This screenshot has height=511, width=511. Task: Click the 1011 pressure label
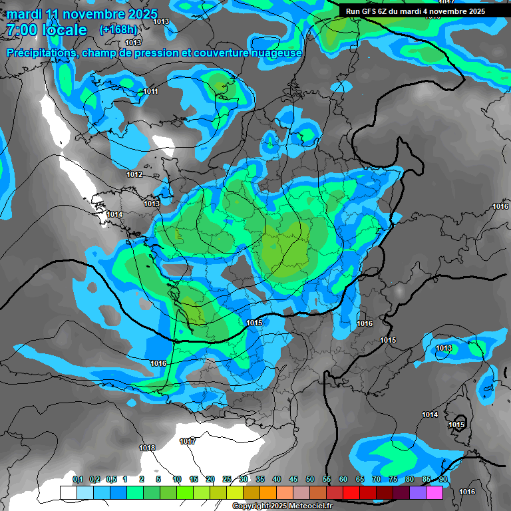click(x=150, y=91)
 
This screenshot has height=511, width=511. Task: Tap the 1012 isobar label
click(x=134, y=174)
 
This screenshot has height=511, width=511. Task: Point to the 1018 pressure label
click(x=147, y=448)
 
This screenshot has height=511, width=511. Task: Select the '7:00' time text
click(x=21, y=30)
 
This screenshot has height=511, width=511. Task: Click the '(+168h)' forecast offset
click(x=118, y=30)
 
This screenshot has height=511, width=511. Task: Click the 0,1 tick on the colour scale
click(x=78, y=479)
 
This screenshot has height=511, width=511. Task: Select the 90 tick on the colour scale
click(x=443, y=479)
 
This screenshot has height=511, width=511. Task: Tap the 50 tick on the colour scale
click(x=310, y=479)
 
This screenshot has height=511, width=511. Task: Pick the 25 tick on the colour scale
click(x=227, y=479)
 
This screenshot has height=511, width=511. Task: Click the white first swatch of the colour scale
click(x=69, y=492)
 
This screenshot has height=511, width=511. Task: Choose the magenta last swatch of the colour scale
click(x=434, y=492)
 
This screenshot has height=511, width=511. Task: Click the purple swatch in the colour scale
click(x=418, y=492)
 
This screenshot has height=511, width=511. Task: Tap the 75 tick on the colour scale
click(x=393, y=479)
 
